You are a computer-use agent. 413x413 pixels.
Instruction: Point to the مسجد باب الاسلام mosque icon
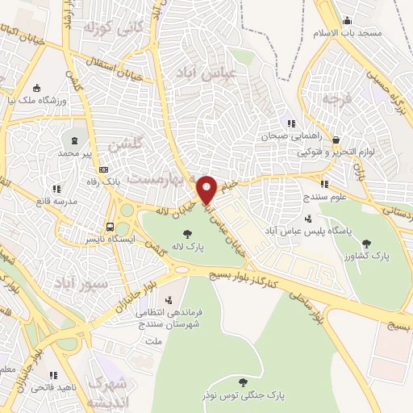tap(347, 20)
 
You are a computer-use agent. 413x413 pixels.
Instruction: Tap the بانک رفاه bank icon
tap(102, 169)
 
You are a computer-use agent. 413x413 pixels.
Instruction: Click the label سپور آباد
tap(77, 283)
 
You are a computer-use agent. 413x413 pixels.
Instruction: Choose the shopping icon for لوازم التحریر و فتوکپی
tap(335, 139)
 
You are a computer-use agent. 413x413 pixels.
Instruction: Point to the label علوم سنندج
tap(325, 196)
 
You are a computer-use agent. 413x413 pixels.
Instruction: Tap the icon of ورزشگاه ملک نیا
tap(36, 89)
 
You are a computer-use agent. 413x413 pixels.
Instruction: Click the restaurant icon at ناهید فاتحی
tap(54, 375)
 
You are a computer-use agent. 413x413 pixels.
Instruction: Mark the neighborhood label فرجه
tap(336, 99)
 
